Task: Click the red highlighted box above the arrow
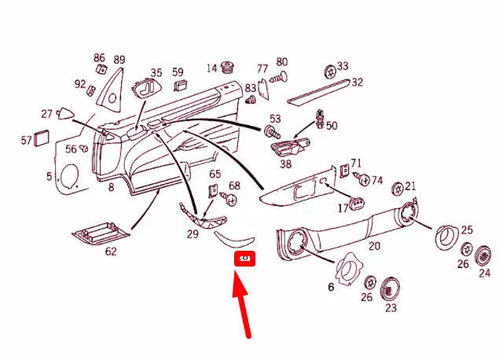click(x=244, y=259)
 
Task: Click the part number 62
click(x=111, y=252)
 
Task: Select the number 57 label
click(x=26, y=140)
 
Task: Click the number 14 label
click(x=211, y=68)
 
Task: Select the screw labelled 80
click(x=278, y=77)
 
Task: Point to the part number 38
click(x=285, y=164)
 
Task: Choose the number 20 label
click(x=375, y=245)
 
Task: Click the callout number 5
click(x=49, y=176)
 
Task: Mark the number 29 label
click(x=193, y=235)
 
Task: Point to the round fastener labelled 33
click(x=329, y=70)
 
